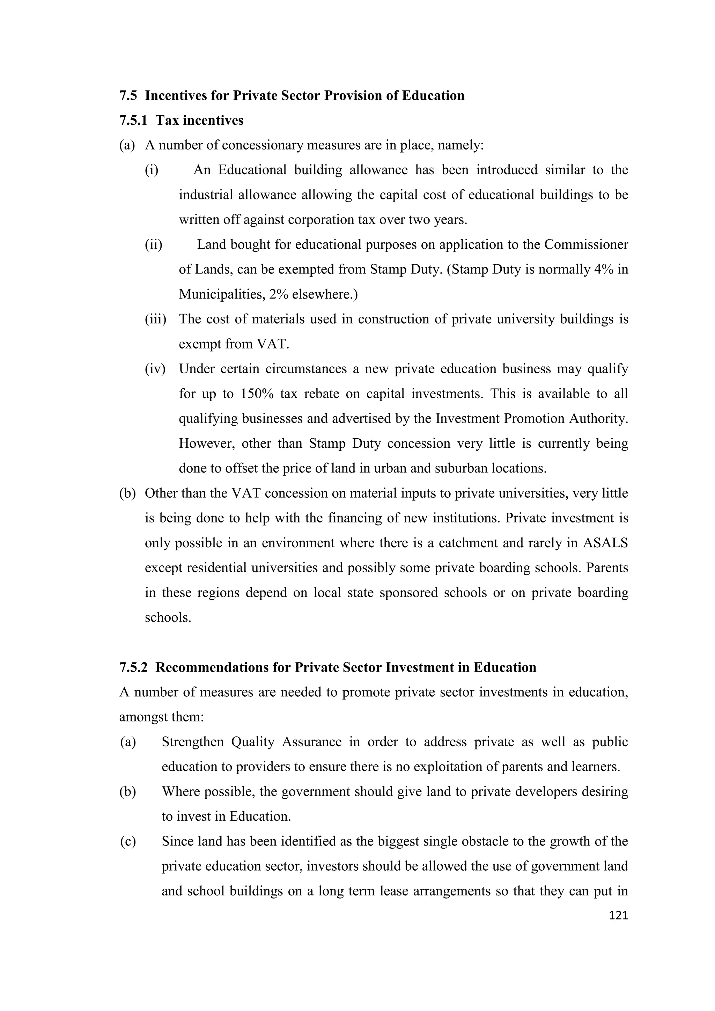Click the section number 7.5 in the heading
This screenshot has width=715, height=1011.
pyautogui.click(x=128, y=96)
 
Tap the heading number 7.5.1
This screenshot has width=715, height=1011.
pyautogui.click(x=133, y=120)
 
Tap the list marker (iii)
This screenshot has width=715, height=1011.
pyautogui.click(x=155, y=319)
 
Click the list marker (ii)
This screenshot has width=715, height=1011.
pyautogui.click(x=153, y=244)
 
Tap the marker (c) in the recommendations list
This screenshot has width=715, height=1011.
pyautogui.click(x=128, y=842)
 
